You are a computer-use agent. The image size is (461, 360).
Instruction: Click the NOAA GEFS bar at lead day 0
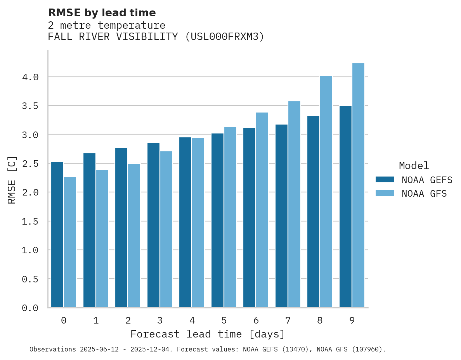coord(57,235)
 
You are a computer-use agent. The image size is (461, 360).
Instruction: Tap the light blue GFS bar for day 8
coord(326,192)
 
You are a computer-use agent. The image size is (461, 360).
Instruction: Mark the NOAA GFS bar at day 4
coord(198,223)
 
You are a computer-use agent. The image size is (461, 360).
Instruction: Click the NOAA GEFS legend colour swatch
coord(385,180)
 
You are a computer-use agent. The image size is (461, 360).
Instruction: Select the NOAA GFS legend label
coord(424,193)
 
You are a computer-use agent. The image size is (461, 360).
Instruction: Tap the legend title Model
coord(414,166)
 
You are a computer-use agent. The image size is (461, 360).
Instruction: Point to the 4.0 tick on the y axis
coord(30,77)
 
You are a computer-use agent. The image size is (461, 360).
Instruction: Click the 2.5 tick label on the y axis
coord(30,164)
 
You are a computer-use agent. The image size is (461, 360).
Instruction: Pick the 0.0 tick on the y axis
coord(30,308)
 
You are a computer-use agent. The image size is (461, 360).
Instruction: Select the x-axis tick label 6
coord(256,320)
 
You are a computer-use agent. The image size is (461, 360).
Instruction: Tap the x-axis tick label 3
coord(160,320)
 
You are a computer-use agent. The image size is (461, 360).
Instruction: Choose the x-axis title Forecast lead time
coord(208,334)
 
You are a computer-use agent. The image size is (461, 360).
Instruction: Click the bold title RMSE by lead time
coord(102,13)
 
